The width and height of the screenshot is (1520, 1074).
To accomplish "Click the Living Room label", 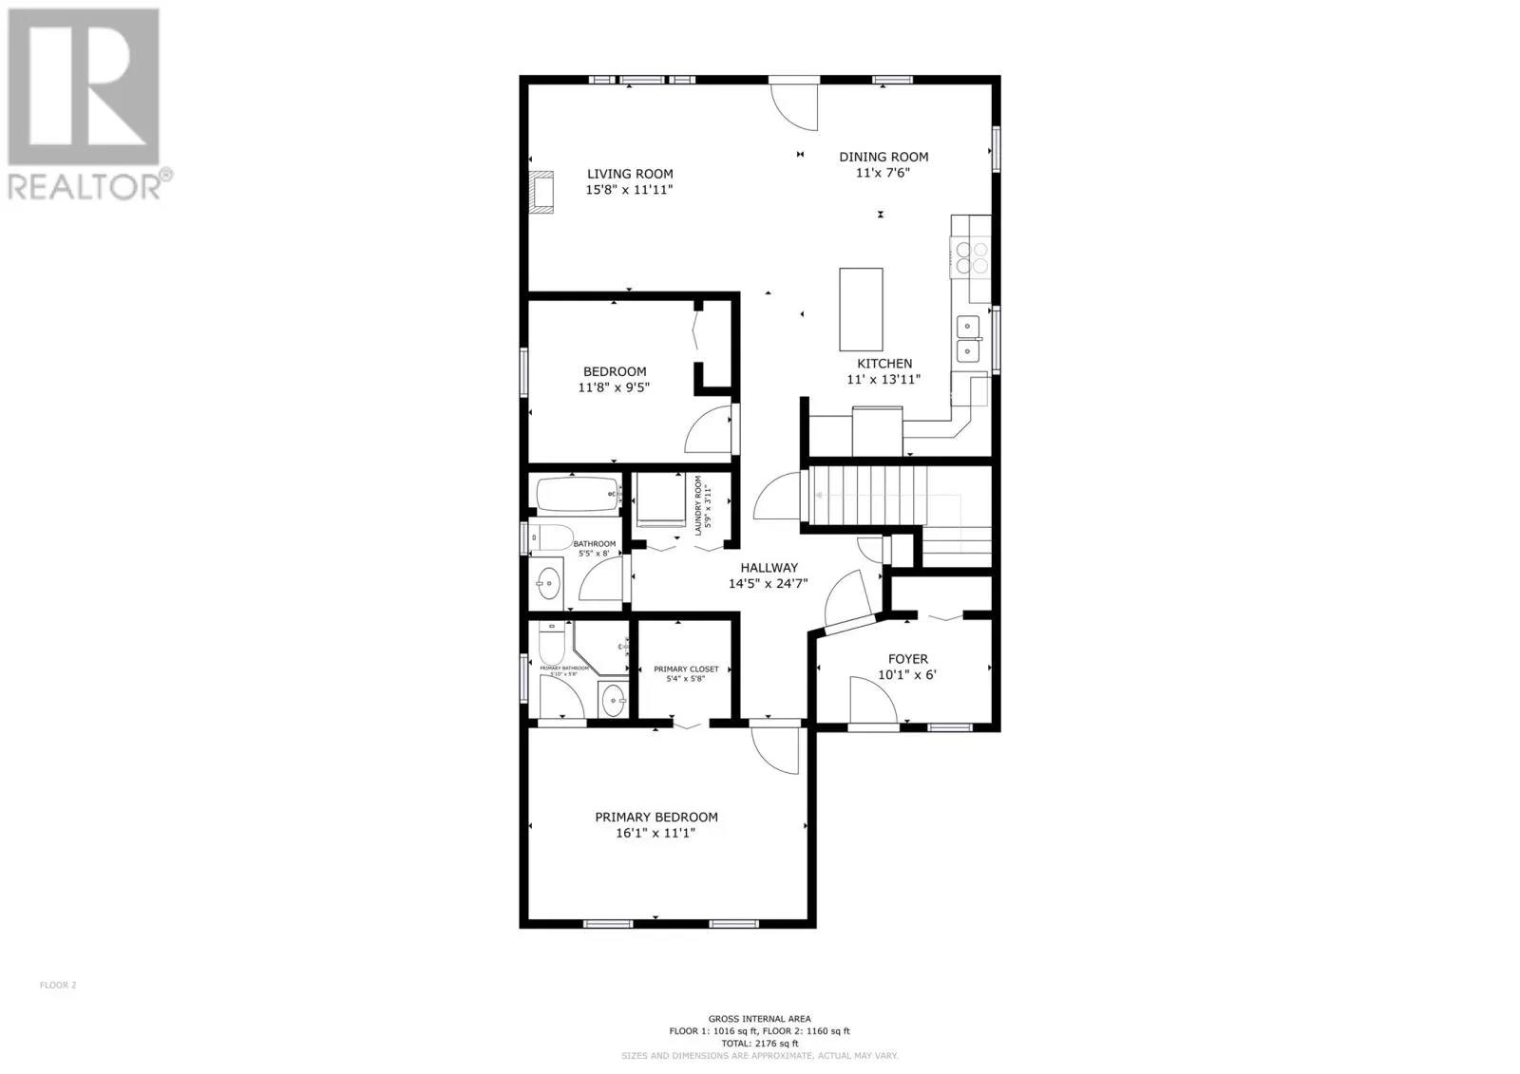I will [x=629, y=174].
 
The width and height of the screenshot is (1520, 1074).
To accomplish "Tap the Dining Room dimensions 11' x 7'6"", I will [x=883, y=173].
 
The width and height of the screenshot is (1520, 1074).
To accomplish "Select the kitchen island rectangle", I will [x=861, y=310].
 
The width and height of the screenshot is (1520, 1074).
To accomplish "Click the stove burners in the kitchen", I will [x=970, y=257].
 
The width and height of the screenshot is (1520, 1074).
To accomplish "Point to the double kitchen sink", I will [x=968, y=339].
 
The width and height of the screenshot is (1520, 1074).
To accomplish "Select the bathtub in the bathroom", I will [x=577, y=495].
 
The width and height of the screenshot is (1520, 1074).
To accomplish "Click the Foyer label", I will [x=907, y=659].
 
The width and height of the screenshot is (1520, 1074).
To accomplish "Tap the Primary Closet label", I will [x=686, y=669].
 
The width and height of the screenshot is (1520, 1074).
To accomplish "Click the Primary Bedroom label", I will [x=655, y=817].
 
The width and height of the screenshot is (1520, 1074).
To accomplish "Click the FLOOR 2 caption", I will [x=58, y=985].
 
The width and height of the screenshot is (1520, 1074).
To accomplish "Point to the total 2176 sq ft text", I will [x=759, y=1043].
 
